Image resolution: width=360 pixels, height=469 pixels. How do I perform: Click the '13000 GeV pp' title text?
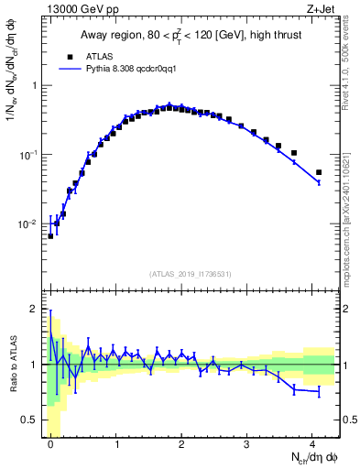coord(78,9)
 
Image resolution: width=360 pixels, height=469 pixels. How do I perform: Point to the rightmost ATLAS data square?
coord(319,172)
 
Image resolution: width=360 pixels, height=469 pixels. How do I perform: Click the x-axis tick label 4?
coord(313,444)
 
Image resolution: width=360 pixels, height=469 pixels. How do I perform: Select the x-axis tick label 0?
coord(51,444)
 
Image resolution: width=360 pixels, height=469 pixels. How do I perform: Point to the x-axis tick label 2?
coord(182,444)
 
